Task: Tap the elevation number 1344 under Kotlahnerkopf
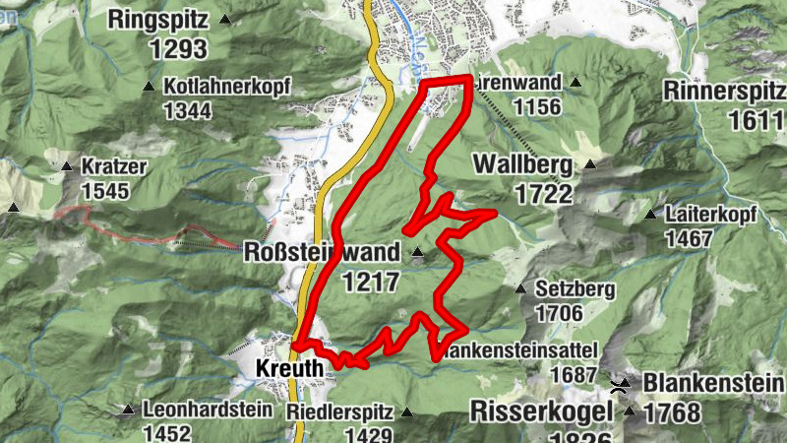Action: [187, 110]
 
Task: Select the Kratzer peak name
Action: [114, 166]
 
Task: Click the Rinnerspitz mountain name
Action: [725, 91]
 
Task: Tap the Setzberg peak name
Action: [575, 289]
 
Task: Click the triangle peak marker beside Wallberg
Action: [589, 164]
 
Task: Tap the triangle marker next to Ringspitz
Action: [225, 19]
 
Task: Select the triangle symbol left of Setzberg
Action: [520, 289]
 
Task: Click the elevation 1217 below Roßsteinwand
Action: [371, 283]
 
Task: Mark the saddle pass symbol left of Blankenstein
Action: [622, 384]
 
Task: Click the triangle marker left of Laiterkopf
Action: [649, 214]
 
